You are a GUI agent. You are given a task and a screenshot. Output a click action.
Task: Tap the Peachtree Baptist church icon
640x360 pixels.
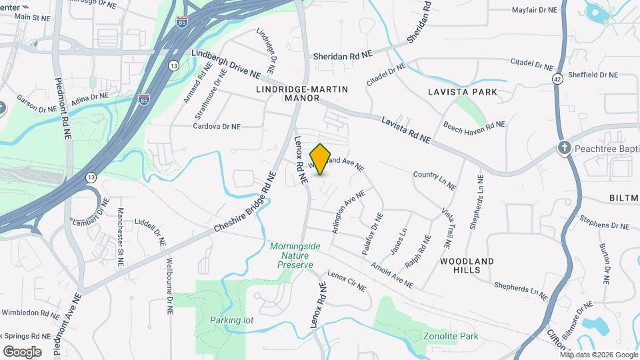click(564, 147)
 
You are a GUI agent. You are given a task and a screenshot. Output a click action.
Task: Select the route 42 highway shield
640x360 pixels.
click(557, 79)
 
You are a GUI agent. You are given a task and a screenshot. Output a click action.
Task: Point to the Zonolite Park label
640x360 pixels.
click(451, 336)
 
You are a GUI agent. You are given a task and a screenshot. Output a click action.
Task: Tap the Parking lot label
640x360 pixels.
click(231, 320)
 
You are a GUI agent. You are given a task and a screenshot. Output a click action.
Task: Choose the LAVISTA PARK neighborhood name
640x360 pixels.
click(463, 92)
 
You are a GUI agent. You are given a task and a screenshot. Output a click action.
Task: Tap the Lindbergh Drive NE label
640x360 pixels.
click(225, 62)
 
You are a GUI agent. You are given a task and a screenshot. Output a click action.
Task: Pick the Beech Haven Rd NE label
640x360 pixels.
click(475, 125)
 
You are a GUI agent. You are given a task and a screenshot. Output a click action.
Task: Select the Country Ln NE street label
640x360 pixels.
click(434, 179)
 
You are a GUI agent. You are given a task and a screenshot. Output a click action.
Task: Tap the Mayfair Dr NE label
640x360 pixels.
click(534, 10)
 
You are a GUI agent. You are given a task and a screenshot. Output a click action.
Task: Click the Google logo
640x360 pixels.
click(22, 351)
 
